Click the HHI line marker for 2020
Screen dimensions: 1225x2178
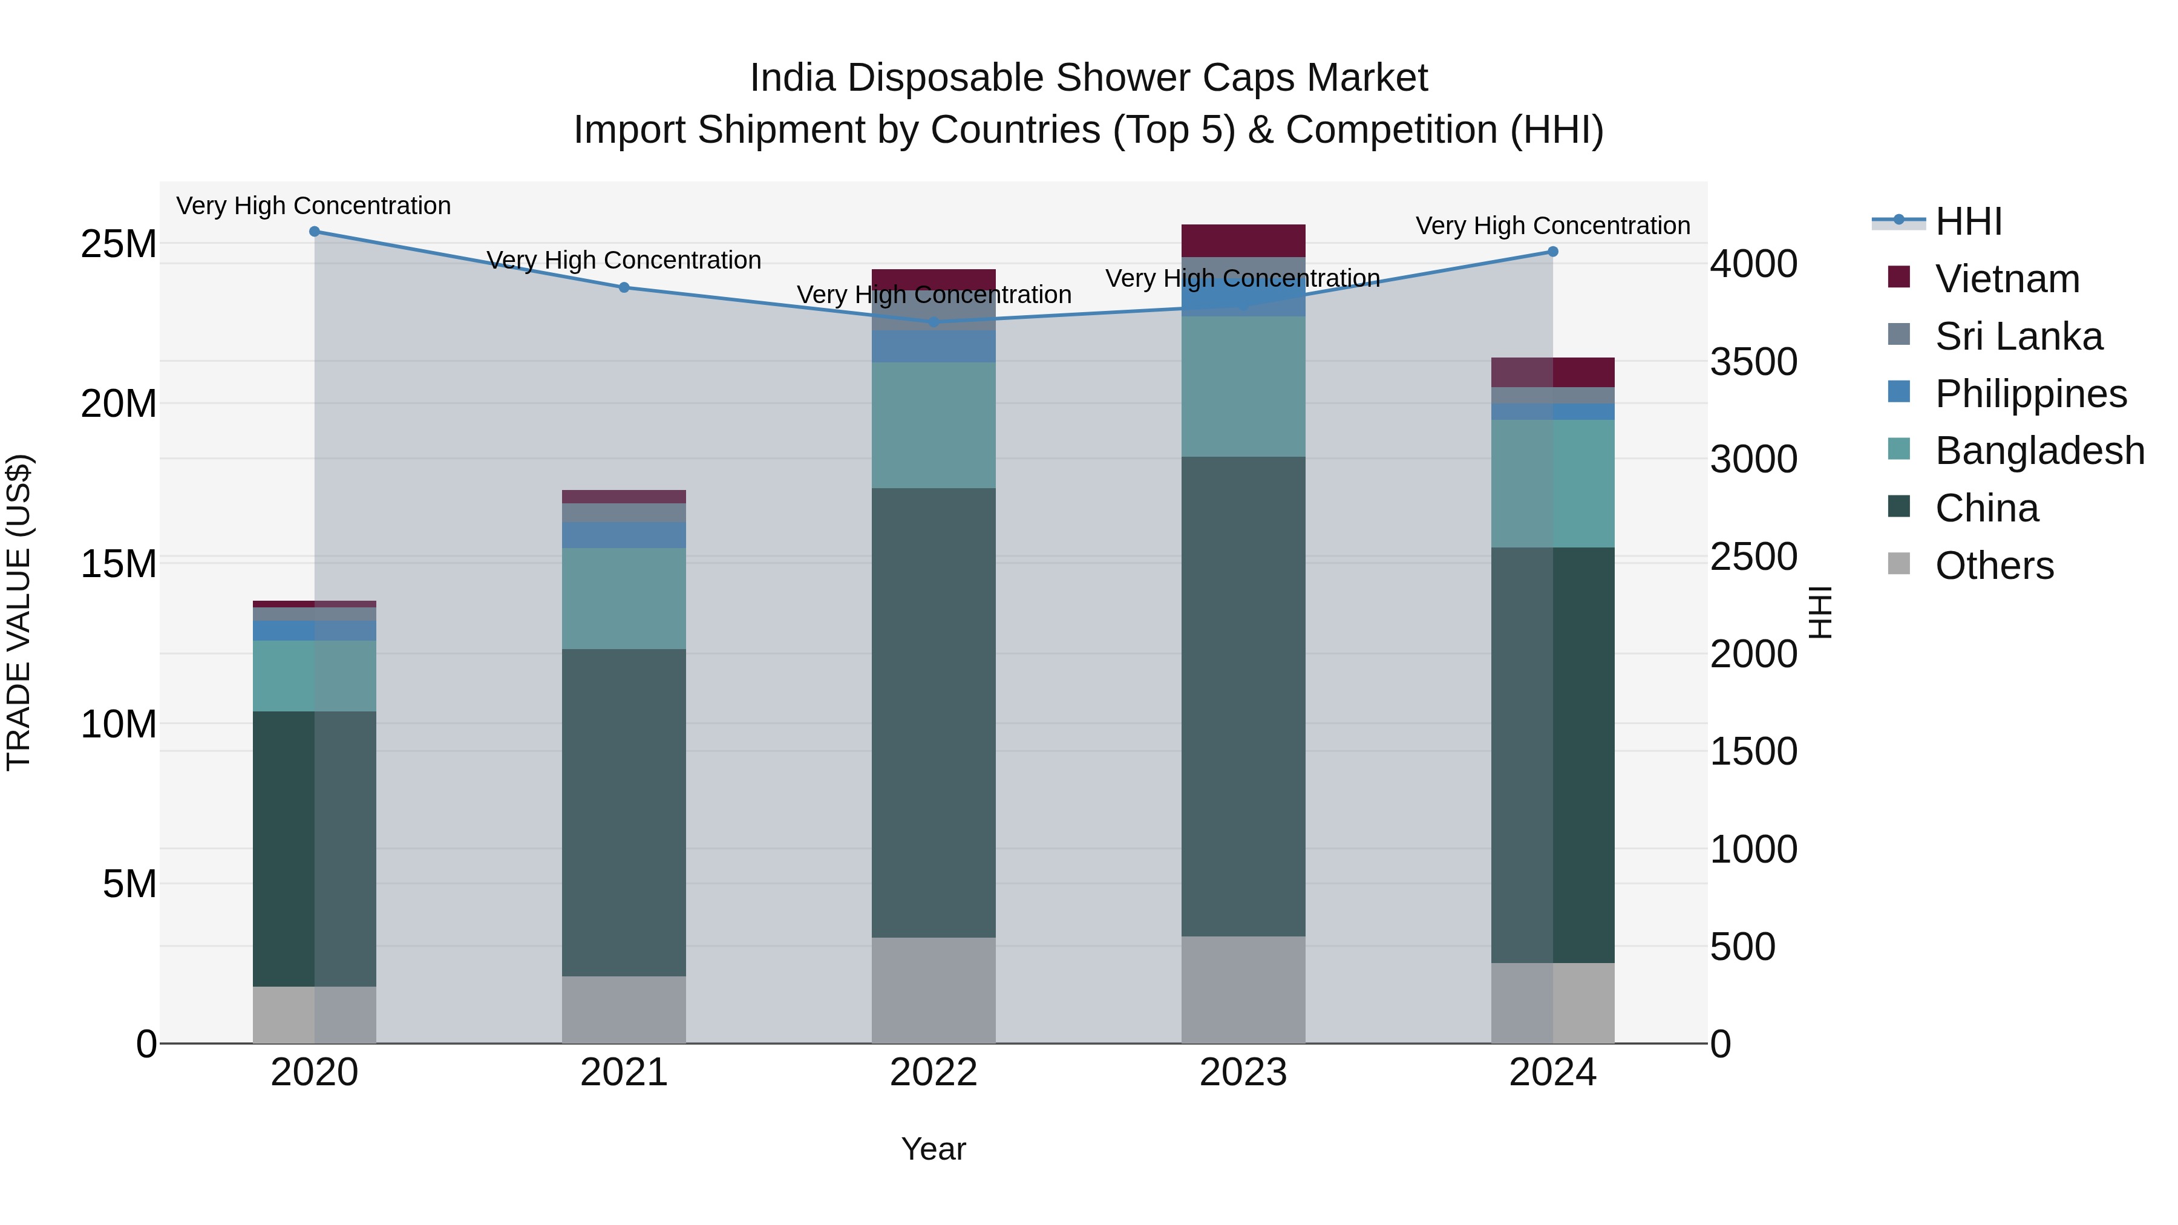[x=315, y=231]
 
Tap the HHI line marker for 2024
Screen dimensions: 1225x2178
[x=1552, y=251]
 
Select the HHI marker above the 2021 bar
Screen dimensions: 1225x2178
[x=624, y=287]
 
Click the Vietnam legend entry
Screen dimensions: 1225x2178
[x=2006, y=279]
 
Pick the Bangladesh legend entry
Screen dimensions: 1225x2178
[x=2038, y=451]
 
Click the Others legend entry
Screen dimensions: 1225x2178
[x=1993, y=566]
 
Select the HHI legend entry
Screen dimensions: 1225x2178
[x=1967, y=221]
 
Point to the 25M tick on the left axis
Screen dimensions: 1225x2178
[x=119, y=244]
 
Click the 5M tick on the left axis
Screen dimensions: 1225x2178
[x=129, y=884]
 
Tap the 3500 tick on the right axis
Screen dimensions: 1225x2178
[x=1753, y=362]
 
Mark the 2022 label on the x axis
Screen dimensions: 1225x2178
[x=934, y=1073]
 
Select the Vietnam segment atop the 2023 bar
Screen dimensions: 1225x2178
[x=1243, y=241]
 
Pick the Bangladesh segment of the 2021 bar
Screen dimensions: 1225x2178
[x=624, y=598]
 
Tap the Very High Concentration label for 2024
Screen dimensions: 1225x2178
[x=1552, y=226]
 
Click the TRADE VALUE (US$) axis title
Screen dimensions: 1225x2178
[x=19, y=612]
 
